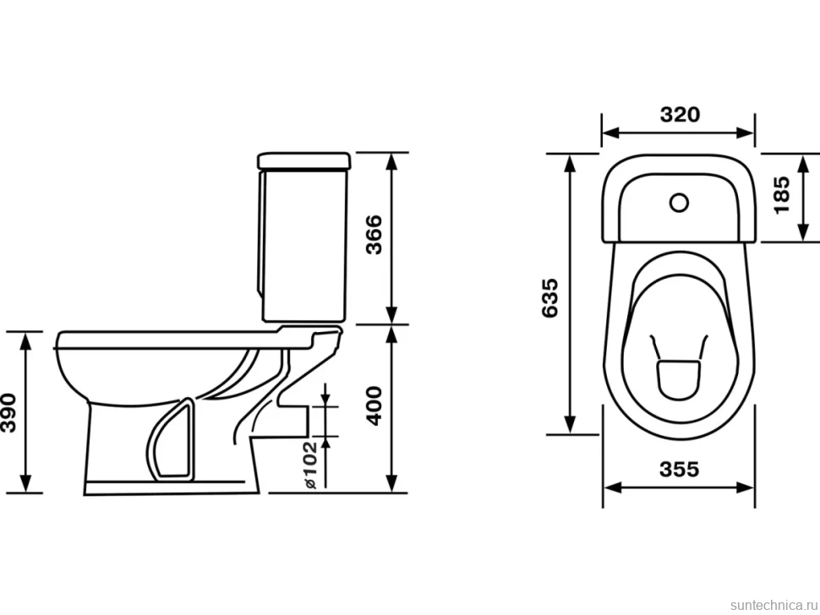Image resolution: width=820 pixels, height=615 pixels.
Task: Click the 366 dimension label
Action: coord(374,235)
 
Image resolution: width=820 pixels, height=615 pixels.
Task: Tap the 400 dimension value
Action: coord(374,406)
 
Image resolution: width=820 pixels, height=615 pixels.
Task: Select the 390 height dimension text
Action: coord(9,412)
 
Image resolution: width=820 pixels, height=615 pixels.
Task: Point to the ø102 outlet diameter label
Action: coord(309,465)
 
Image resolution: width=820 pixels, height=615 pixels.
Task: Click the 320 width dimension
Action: coord(680,114)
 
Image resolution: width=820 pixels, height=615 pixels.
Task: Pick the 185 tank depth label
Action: coord(782,194)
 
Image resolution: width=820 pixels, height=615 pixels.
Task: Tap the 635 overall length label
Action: coord(550,298)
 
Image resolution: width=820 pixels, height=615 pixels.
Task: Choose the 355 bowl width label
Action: coord(680,469)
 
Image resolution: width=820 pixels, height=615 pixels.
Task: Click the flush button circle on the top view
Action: coord(679,202)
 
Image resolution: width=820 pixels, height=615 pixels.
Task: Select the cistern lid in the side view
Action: coord(303,161)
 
